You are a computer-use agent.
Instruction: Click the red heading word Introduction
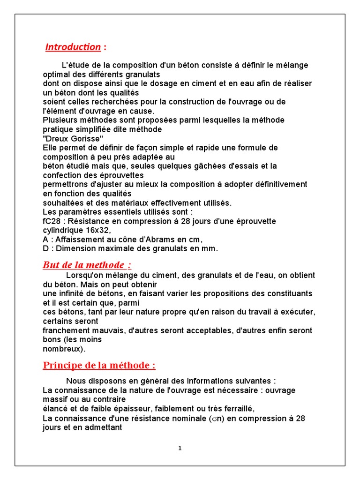tap(73, 47)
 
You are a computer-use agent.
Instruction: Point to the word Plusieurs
tap(59, 120)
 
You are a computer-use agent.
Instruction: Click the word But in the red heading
tap(51, 264)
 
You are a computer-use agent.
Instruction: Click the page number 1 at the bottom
tap(180, 448)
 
